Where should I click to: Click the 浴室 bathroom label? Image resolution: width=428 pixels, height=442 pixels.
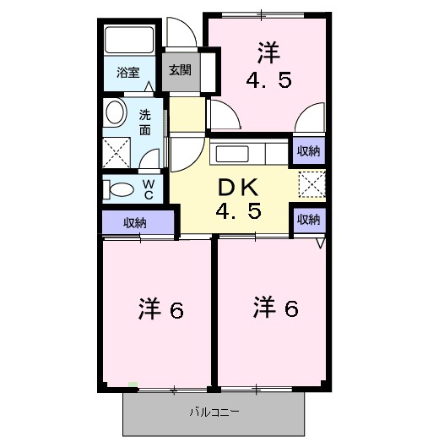(x=128, y=73)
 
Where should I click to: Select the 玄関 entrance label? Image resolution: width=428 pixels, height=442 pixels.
(x=179, y=70)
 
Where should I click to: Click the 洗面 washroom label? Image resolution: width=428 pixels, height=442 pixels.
(x=145, y=123)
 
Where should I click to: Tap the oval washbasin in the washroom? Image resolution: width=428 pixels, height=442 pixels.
(x=115, y=112)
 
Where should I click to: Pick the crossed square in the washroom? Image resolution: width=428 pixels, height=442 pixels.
(x=116, y=153)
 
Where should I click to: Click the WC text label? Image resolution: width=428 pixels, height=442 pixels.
(x=147, y=188)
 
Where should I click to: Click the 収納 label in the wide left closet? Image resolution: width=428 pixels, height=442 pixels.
(x=135, y=223)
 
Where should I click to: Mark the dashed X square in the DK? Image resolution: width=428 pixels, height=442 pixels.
(x=311, y=183)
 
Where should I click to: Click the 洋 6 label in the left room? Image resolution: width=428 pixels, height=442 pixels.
(x=160, y=310)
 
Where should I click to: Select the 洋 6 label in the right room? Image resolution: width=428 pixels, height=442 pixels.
(x=274, y=308)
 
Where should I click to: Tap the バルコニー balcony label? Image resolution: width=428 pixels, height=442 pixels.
(x=214, y=412)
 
